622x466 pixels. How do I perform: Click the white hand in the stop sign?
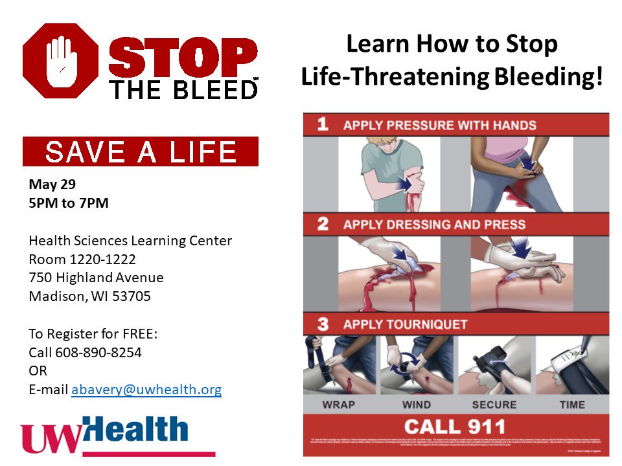(x=60, y=61)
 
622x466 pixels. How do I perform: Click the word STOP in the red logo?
(x=183, y=58)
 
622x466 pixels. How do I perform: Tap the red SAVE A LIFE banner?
(x=141, y=151)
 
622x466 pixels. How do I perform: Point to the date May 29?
(x=52, y=184)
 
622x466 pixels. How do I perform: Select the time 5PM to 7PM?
(x=68, y=203)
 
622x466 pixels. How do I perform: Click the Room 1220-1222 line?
(x=82, y=259)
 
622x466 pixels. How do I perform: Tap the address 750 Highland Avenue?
(x=96, y=278)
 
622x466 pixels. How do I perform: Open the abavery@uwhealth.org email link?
(x=146, y=390)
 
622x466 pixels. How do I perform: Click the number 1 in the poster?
(x=323, y=124)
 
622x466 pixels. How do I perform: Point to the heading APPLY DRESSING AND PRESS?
(x=435, y=225)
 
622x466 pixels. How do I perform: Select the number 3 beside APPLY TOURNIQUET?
(x=323, y=324)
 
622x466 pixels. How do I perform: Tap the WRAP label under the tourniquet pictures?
(x=338, y=405)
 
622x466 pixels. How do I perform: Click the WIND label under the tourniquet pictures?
(x=416, y=405)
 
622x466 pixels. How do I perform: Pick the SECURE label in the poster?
(x=494, y=405)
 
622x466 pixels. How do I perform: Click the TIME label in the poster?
(x=572, y=405)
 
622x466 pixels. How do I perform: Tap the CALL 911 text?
(x=455, y=426)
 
